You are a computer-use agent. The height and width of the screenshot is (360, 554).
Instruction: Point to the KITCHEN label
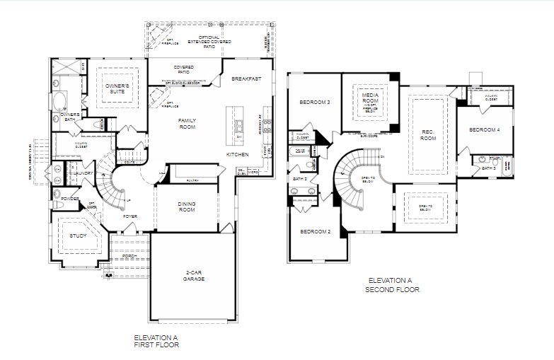(237, 153)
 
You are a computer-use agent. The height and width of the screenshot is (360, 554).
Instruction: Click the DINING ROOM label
(186, 207)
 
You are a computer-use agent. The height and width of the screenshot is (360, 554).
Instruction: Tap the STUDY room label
(78, 236)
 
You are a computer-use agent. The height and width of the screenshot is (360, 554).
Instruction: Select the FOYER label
(129, 216)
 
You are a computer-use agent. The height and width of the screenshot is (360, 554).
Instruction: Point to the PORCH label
(129, 255)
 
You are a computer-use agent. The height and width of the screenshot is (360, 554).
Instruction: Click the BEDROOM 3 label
(314, 102)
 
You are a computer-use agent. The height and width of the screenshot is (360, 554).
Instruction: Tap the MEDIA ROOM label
(371, 98)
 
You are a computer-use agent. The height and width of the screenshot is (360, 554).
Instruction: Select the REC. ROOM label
(427, 135)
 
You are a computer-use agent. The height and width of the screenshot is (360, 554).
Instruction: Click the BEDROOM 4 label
(484, 129)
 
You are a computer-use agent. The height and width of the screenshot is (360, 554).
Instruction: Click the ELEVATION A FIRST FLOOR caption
(156, 342)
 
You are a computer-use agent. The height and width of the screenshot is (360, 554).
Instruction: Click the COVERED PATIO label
(184, 70)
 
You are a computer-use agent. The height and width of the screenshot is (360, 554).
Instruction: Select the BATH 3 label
(488, 168)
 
